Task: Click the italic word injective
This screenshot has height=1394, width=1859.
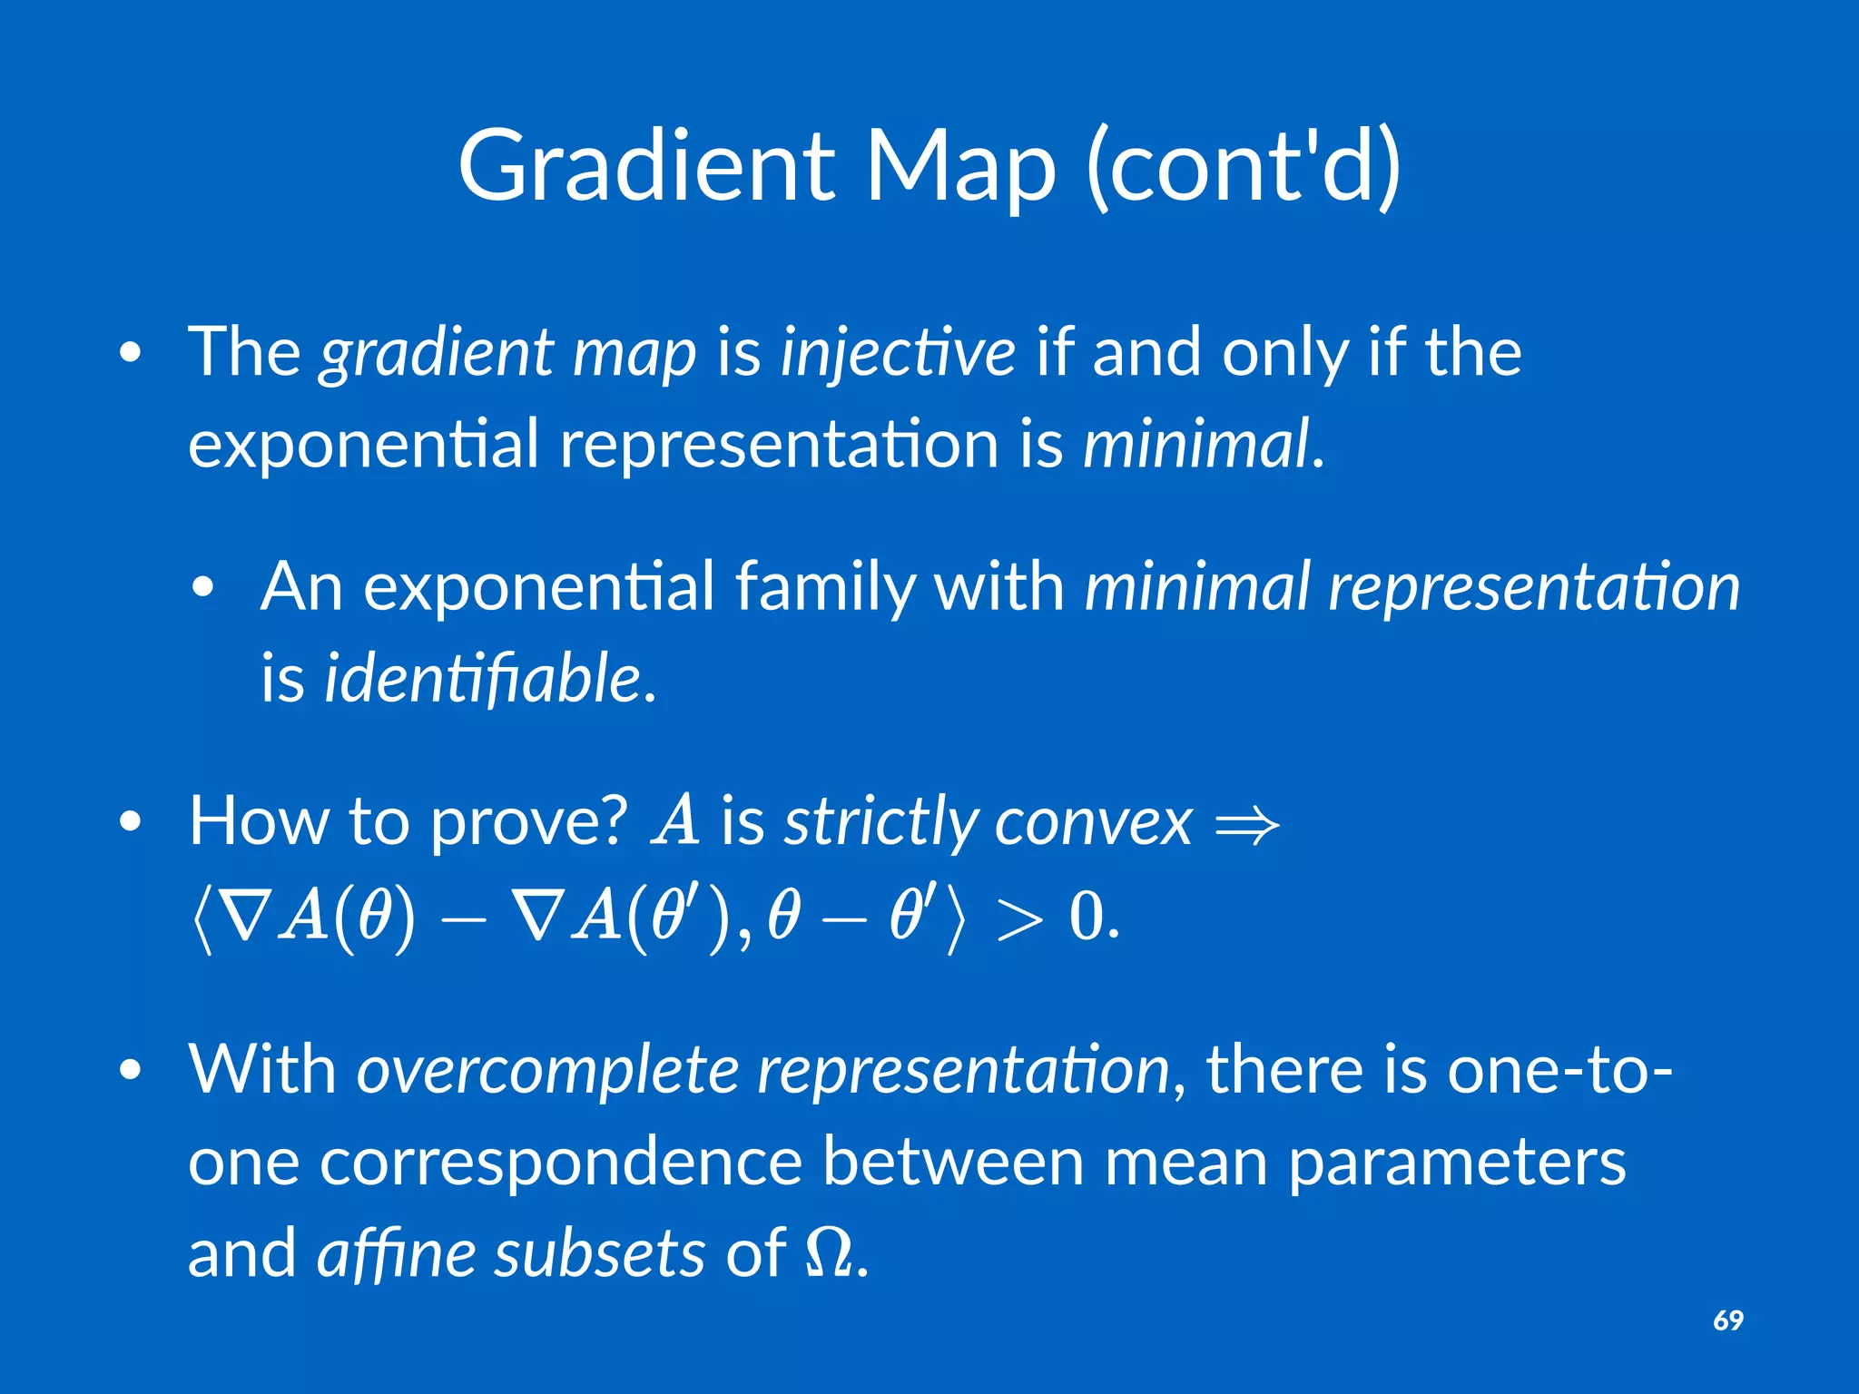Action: (898, 354)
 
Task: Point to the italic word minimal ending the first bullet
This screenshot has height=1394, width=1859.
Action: (1196, 445)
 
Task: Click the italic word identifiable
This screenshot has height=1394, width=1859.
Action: (483, 679)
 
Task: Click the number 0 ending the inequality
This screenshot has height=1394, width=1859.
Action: (1087, 917)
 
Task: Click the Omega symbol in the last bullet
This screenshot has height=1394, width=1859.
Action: (829, 1253)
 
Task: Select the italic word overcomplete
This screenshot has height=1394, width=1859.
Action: (547, 1072)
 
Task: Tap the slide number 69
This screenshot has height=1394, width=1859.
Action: (1727, 1320)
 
